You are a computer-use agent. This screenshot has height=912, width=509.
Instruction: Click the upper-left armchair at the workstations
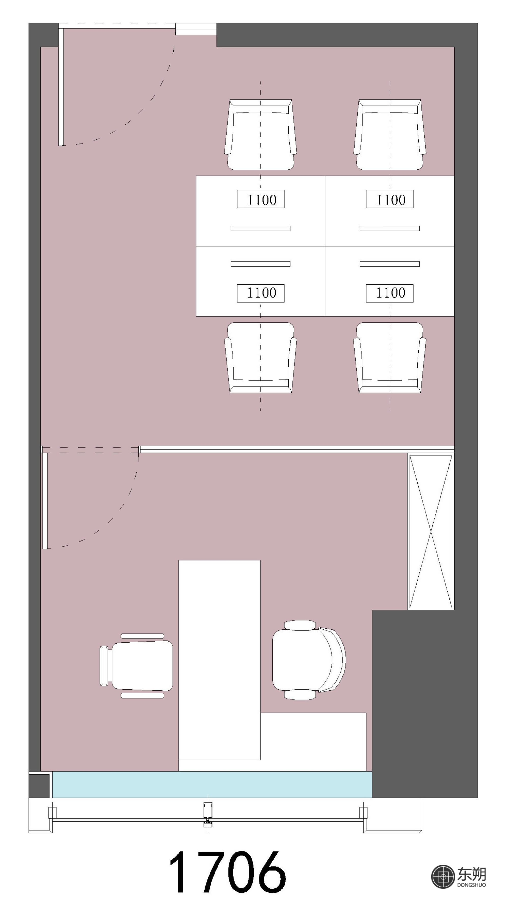(260, 135)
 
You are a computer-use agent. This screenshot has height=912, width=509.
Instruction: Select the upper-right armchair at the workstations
(390, 135)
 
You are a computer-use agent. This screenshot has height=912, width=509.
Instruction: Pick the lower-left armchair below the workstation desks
(260, 358)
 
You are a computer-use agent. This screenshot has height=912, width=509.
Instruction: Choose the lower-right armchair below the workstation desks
(390, 358)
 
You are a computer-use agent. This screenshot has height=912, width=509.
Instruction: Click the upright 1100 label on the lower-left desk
(261, 293)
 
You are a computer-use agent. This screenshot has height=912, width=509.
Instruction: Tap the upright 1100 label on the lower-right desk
(390, 293)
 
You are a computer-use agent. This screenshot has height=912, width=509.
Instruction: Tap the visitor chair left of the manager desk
(136, 665)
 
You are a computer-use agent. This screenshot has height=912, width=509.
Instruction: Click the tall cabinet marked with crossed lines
(431, 531)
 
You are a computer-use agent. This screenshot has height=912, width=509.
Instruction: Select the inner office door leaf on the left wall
(45, 501)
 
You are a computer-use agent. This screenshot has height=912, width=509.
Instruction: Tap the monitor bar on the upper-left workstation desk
(261, 228)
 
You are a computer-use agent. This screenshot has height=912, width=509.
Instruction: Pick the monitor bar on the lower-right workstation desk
(390, 264)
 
